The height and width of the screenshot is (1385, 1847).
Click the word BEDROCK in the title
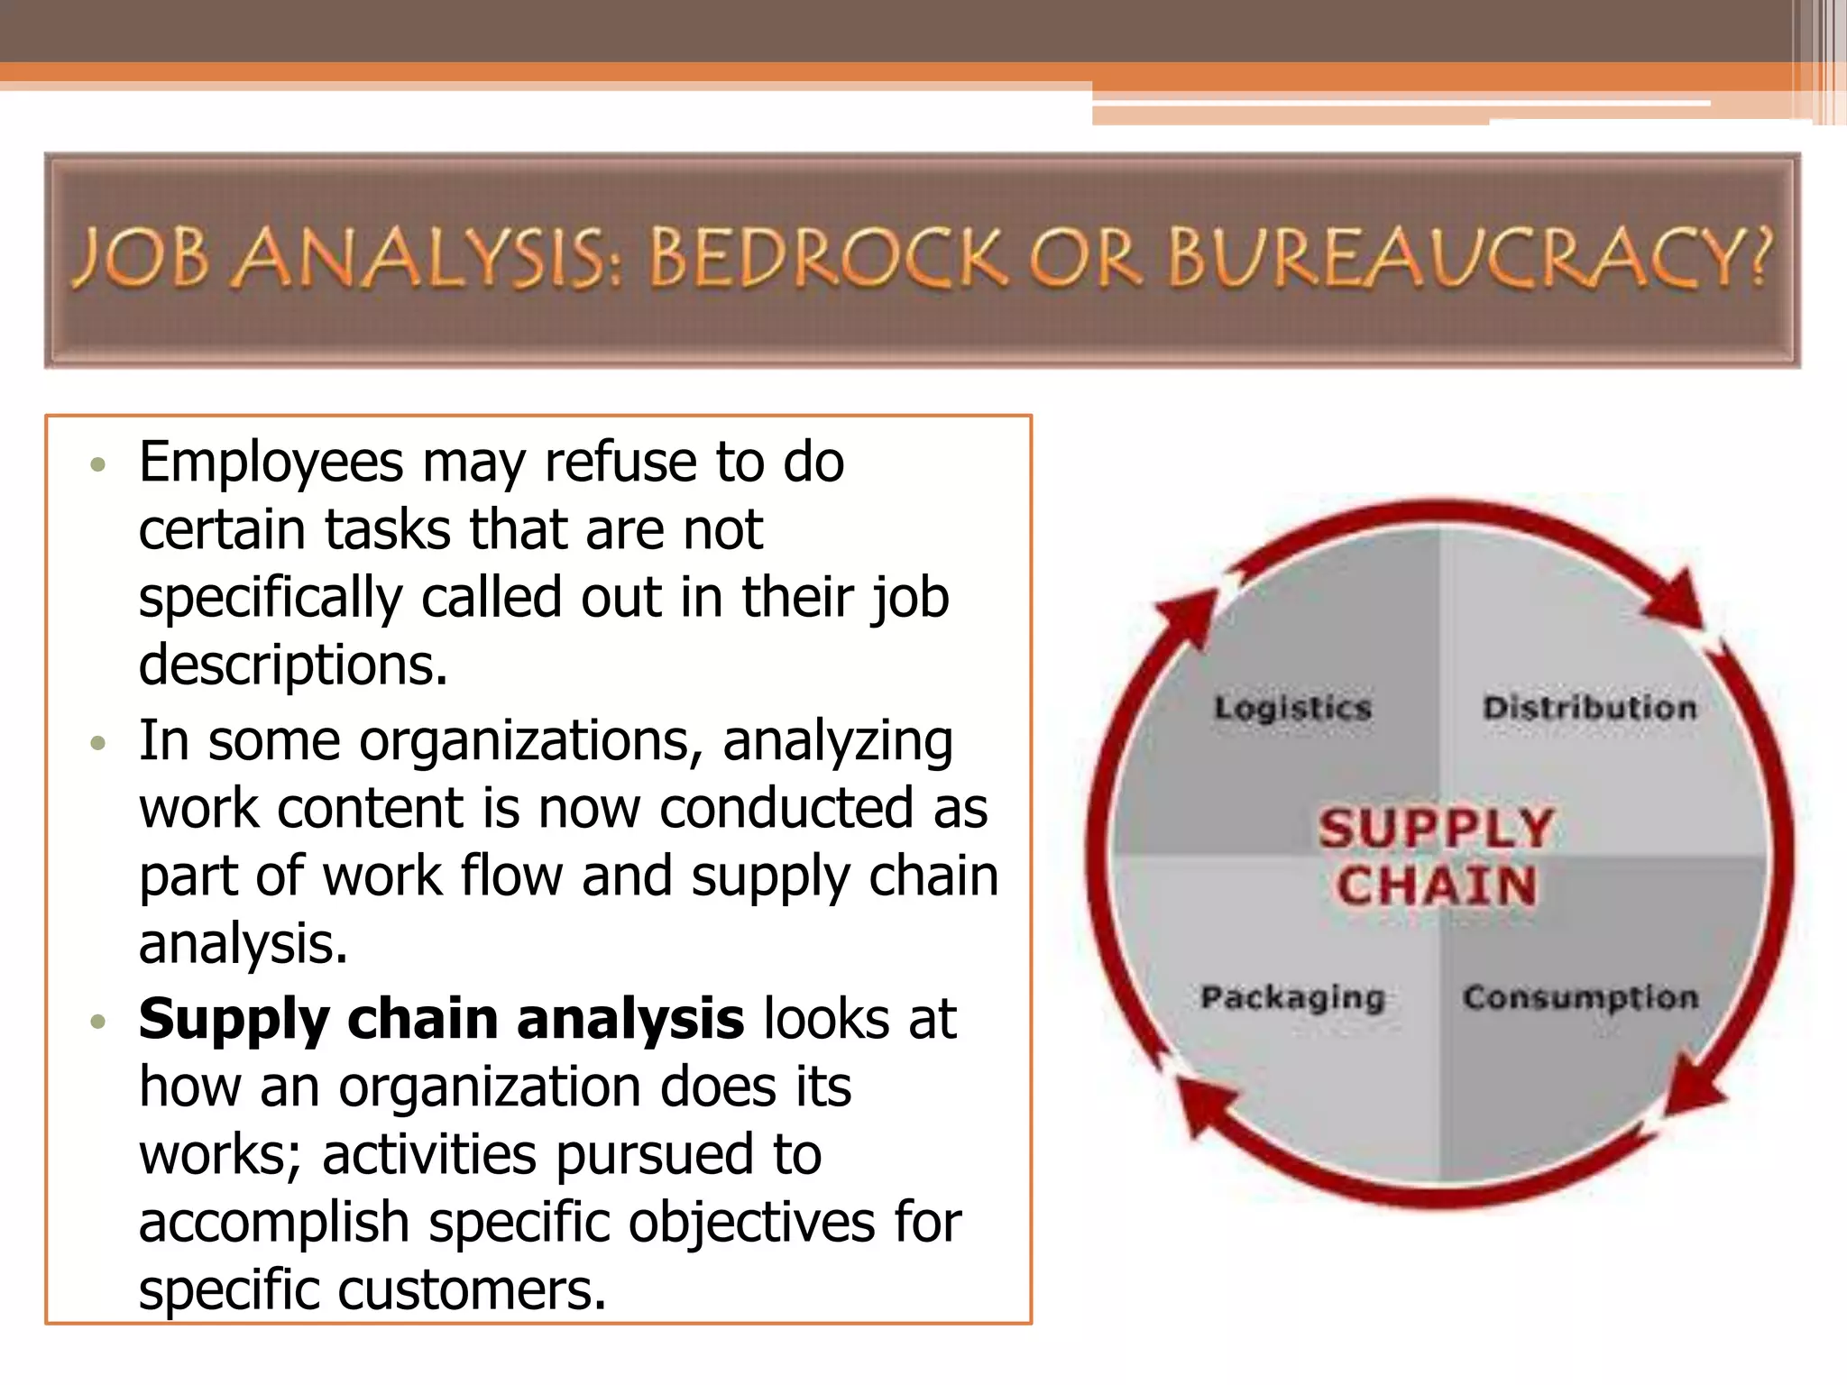tap(825, 259)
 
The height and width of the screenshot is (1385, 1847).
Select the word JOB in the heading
tap(140, 259)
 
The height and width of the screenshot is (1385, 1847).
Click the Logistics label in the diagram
tap(1292, 708)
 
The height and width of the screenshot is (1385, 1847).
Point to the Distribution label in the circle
tap(1589, 708)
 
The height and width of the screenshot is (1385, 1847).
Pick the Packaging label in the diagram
tap(1292, 998)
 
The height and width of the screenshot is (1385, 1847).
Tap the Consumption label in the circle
tap(1580, 998)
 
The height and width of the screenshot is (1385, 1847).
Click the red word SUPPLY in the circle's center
tap(1436, 828)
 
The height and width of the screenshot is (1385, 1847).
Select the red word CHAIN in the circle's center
tap(1436, 885)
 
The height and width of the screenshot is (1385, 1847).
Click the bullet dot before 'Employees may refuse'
tap(99, 465)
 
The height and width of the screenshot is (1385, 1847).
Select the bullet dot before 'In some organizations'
tap(99, 744)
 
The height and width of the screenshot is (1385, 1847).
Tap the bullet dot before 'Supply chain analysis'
tap(99, 1022)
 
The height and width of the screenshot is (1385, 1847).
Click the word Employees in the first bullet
tap(271, 463)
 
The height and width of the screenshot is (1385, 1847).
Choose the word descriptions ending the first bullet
tap(293, 665)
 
